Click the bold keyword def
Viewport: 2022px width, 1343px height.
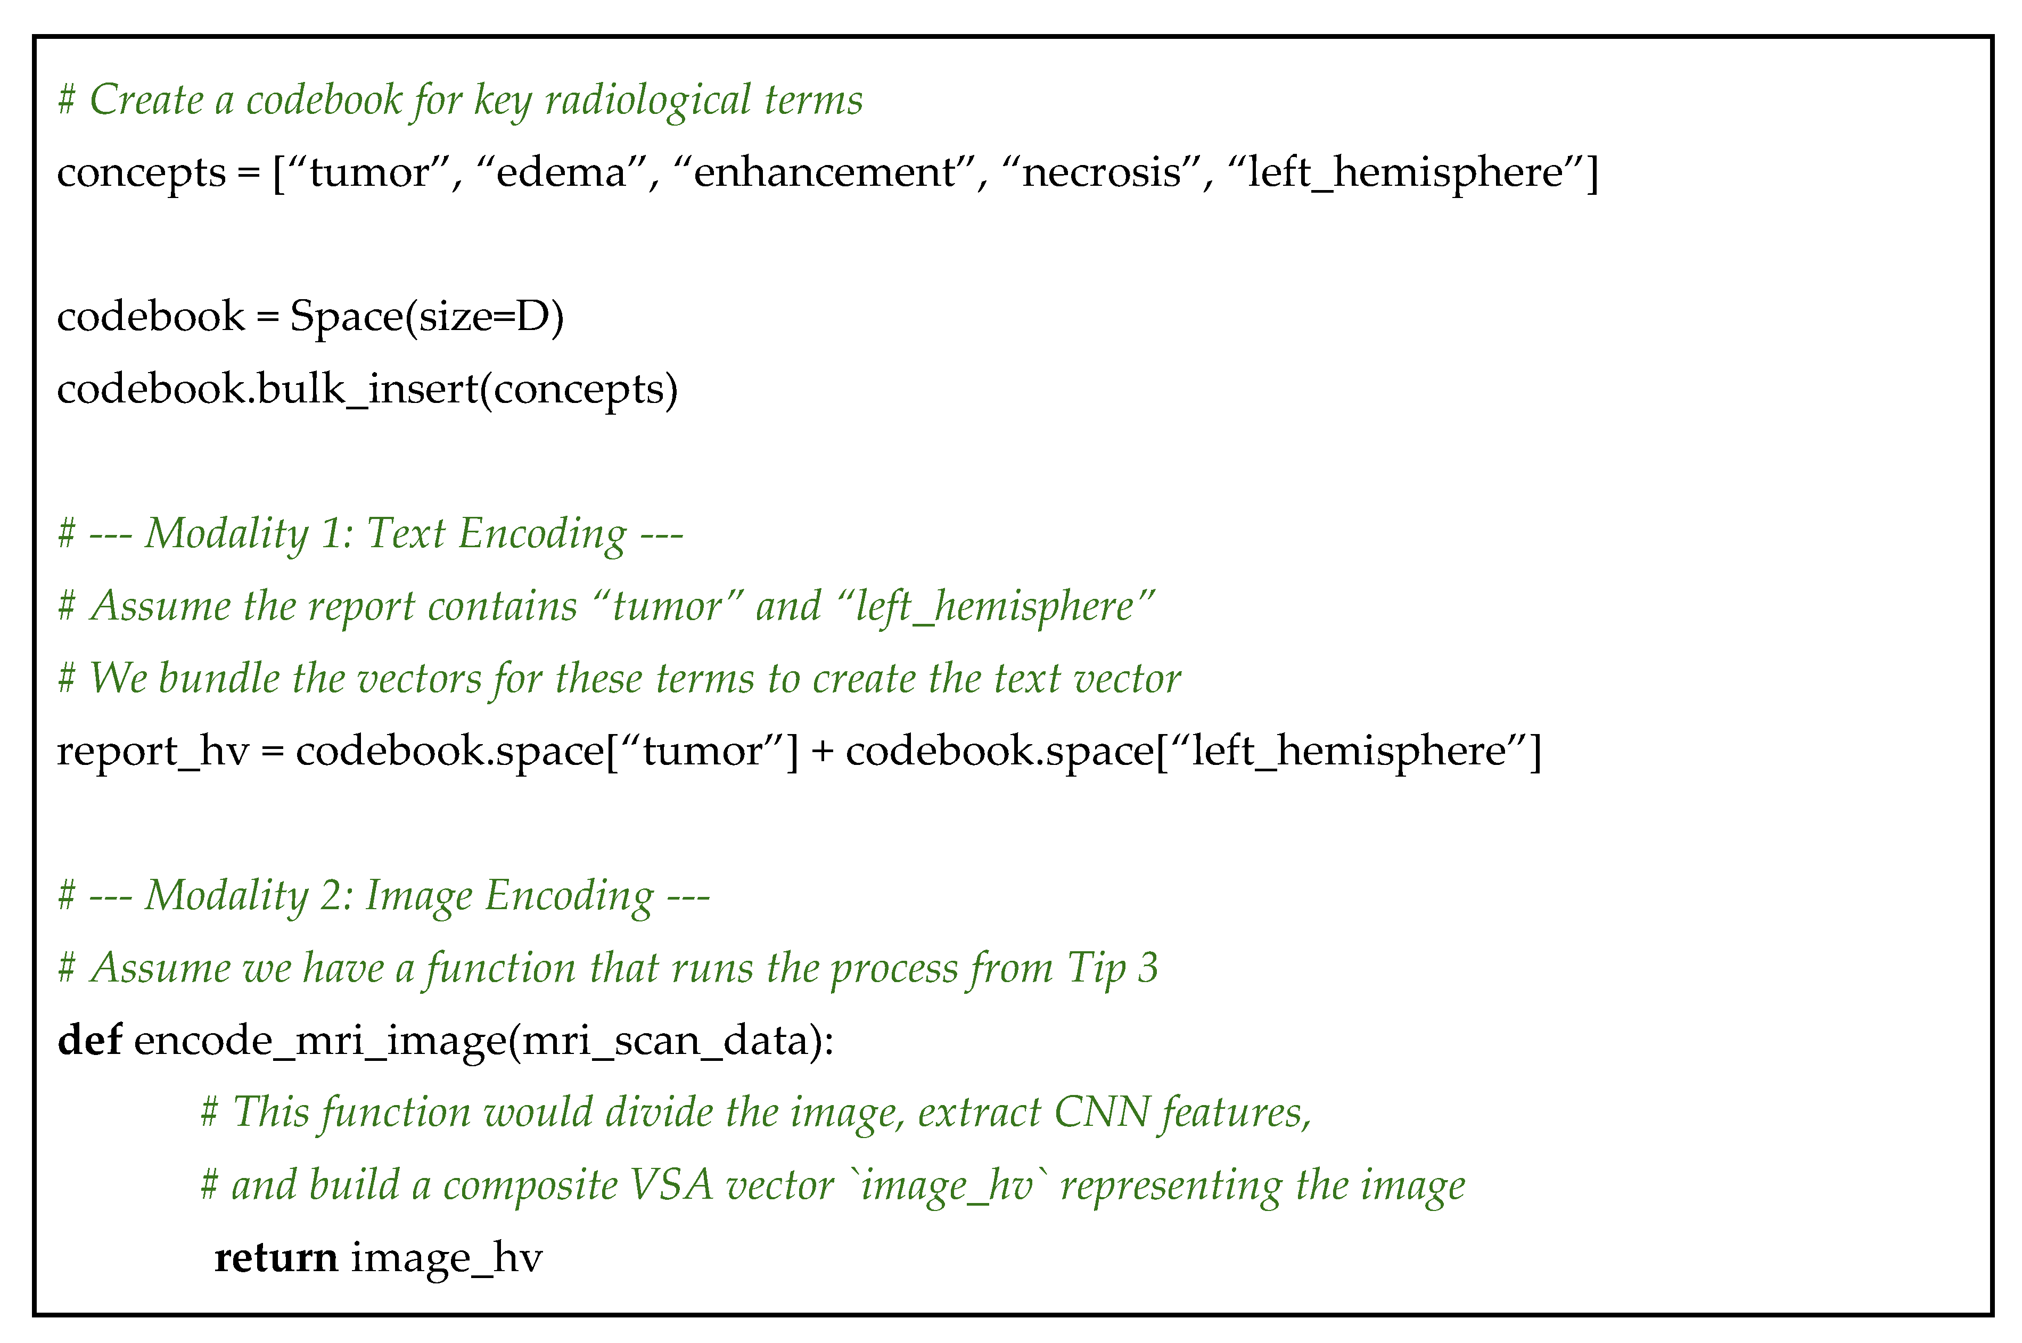[x=89, y=1041]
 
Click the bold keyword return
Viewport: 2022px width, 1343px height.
[x=276, y=1257]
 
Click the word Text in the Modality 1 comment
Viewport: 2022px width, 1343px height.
[x=406, y=533]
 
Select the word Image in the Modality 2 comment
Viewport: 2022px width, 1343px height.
[x=420, y=896]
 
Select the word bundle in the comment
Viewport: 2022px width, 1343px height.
[x=219, y=678]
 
